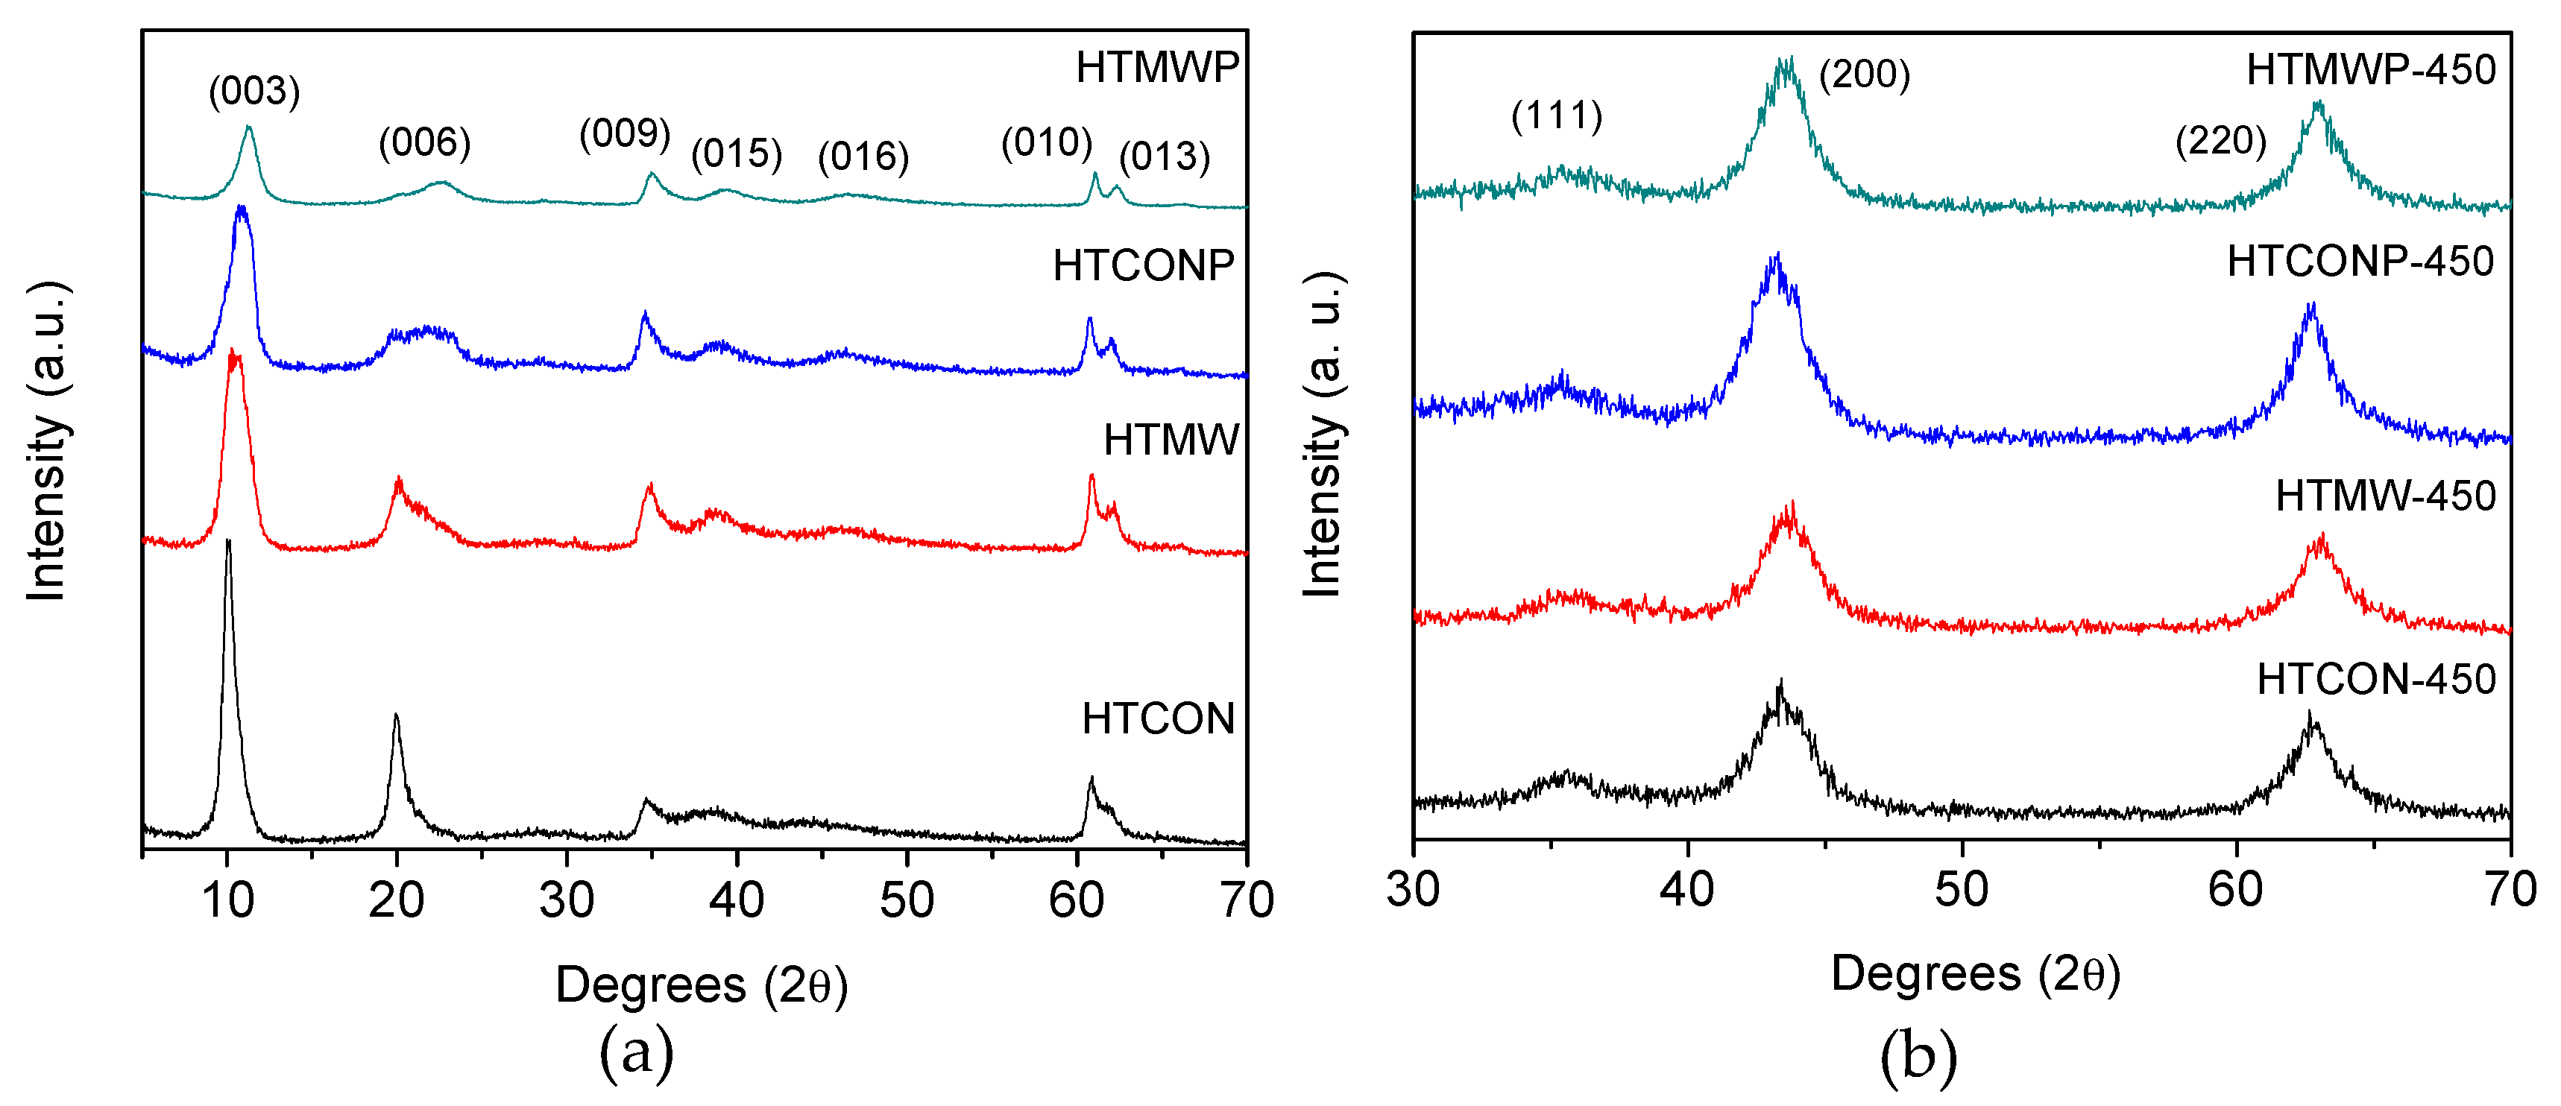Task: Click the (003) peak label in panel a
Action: pyautogui.click(x=253, y=92)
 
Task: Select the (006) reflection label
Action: pyautogui.click(x=423, y=143)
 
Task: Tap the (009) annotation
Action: pyautogui.click(x=624, y=133)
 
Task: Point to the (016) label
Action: pyautogui.click(x=863, y=157)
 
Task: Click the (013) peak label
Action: pyautogui.click(x=1164, y=157)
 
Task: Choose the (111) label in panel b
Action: pyautogui.click(x=1557, y=116)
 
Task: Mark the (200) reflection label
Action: pyautogui.click(x=1864, y=75)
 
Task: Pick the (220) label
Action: pyautogui.click(x=2220, y=141)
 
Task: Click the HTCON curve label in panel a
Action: pyautogui.click(x=1158, y=718)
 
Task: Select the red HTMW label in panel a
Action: pyautogui.click(x=1171, y=440)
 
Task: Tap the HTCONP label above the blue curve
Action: pyautogui.click(x=1143, y=266)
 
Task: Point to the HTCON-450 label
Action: pyautogui.click(x=2376, y=680)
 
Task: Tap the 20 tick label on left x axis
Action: pyautogui.click(x=396, y=900)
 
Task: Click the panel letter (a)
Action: pyautogui.click(x=636, y=1052)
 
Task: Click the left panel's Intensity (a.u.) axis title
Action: pyautogui.click(x=47, y=441)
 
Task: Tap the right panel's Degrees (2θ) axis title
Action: pyautogui.click(x=1976, y=974)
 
